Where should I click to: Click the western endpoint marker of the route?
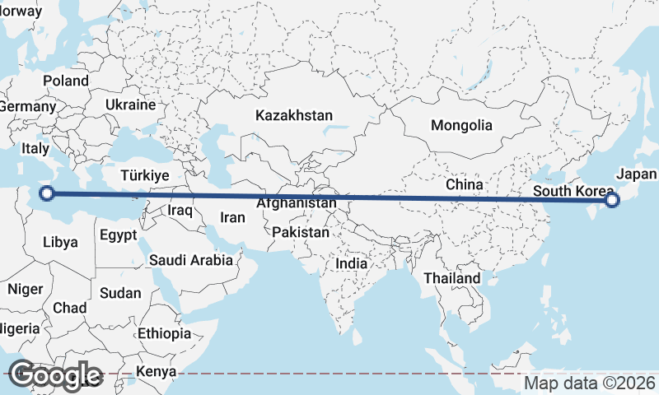tap(47, 194)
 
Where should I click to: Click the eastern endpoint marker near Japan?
tap(611, 200)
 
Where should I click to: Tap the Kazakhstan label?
tap(294, 115)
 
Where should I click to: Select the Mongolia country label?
tap(462, 126)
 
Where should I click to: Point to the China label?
tap(464, 184)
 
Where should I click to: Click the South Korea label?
tap(573, 192)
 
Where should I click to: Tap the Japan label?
tap(636, 174)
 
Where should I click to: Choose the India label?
tap(352, 264)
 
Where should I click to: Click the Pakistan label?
tap(301, 233)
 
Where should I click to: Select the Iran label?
tap(231, 218)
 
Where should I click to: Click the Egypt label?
tap(118, 235)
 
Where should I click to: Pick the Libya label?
tap(60, 242)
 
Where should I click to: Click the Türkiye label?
tap(144, 175)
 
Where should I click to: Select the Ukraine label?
tap(130, 105)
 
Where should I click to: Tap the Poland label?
tap(66, 81)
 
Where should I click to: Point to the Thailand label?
tap(452, 279)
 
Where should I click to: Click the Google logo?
tap(54, 374)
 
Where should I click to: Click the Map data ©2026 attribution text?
tap(590, 383)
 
